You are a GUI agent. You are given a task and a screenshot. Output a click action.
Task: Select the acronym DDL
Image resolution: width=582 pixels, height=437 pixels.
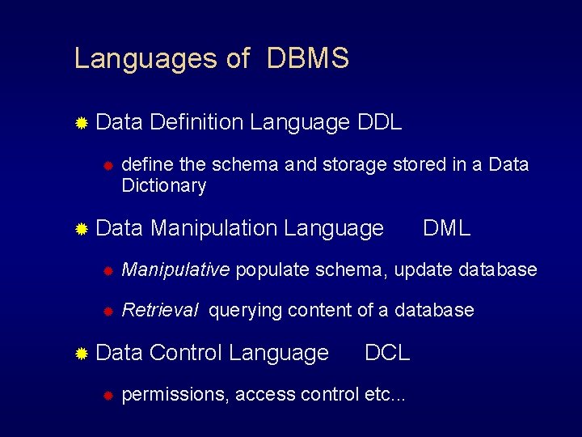point(378,122)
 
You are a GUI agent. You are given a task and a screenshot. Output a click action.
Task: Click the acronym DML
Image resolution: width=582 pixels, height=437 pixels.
point(446,229)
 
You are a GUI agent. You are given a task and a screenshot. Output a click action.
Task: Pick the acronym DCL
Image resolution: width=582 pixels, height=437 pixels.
point(387,353)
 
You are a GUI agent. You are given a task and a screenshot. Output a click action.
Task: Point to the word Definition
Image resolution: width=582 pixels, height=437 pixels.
point(196,122)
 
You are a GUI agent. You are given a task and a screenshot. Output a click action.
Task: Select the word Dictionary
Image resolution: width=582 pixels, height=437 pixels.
point(163,185)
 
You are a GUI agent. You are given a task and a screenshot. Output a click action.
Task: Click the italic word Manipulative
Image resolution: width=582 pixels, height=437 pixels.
point(175,269)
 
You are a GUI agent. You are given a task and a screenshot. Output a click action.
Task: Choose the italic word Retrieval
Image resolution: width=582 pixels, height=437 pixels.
point(160,310)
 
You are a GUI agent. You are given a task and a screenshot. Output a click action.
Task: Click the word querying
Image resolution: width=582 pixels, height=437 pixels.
point(245,311)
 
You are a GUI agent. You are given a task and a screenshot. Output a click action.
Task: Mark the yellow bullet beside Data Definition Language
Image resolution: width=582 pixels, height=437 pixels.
point(81,123)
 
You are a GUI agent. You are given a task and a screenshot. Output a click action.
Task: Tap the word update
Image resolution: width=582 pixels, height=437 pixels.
point(424,270)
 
